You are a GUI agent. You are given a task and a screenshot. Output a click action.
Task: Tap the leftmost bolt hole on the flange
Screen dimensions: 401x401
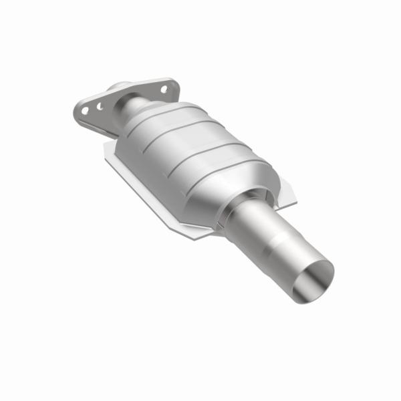click(x=86, y=110)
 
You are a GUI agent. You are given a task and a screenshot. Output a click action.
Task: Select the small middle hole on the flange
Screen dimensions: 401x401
click(x=99, y=106)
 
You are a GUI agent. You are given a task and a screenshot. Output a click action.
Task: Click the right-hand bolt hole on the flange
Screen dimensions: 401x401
click(x=163, y=88)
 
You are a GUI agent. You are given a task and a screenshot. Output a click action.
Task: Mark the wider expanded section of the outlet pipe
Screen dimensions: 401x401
click(x=294, y=257)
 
